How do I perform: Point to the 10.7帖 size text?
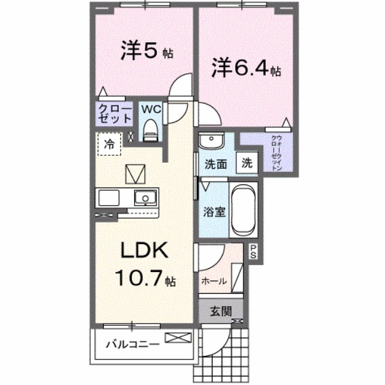pyautogui.click(x=144, y=279)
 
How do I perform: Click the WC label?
pyautogui.click(x=152, y=109)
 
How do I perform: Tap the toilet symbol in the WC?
pyautogui.click(x=150, y=129)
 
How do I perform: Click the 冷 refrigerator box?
pyautogui.click(x=109, y=144)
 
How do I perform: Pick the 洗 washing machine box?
pyautogui.click(x=247, y=163)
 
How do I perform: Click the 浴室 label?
pyautogui.click(x=214, y=210)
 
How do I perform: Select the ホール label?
pyautogui.click(x=213, y=281)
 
